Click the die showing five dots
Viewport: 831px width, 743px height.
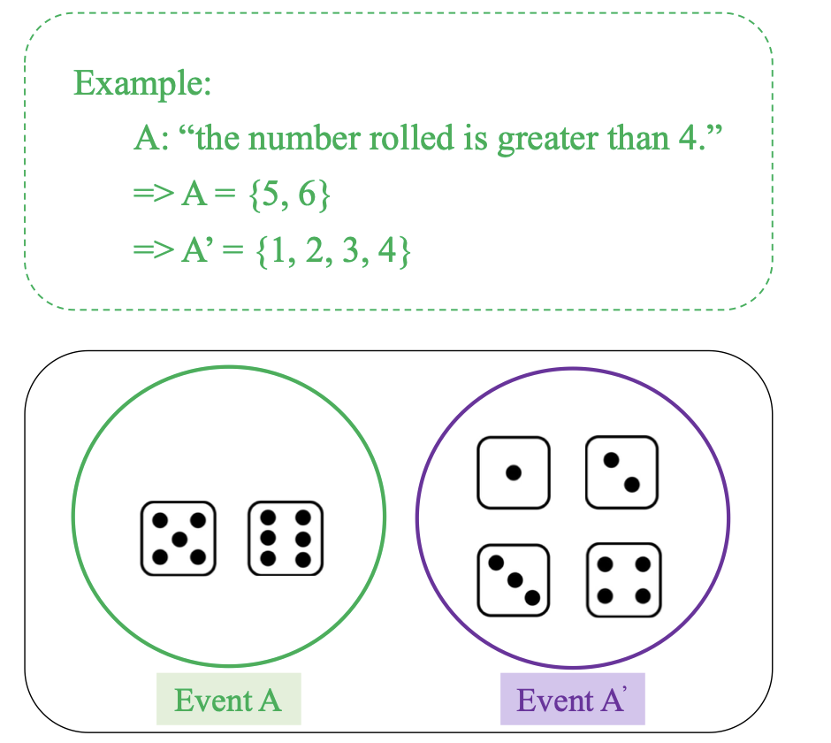(x=179, y=538)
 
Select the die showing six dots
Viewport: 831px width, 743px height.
(x=286, y=538)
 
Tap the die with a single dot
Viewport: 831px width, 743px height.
(x=513, y=472)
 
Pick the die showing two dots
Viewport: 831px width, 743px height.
(x=622, y=472)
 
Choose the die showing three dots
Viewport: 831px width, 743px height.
(x=513, y=580)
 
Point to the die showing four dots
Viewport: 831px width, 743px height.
(x=622, y=580)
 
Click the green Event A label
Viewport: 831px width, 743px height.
(x=228, y=700)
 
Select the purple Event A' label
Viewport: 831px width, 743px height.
(x=572, y=700)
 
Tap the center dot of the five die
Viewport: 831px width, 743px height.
(x=179, y=538)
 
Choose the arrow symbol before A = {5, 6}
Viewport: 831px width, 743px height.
(x=153, y=195)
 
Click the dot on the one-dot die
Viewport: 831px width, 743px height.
(x=513, y=472)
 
